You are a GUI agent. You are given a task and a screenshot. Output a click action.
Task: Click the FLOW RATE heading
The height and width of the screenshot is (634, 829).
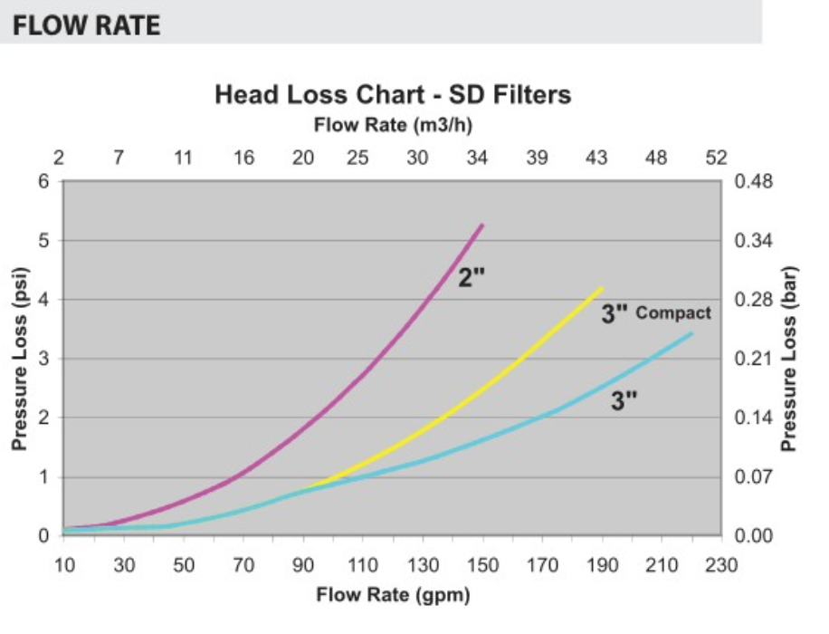click(86, 25)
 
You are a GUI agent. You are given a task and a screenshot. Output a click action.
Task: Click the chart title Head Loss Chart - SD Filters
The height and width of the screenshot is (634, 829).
click(393, 95)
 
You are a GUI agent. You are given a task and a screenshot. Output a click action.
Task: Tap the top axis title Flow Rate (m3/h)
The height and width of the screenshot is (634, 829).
click(393, 125)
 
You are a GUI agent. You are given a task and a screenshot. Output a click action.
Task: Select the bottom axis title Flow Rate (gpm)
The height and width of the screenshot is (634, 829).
click(393, 595)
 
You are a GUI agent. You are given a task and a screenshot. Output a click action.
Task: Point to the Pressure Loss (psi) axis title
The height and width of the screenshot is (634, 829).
click(20, 359)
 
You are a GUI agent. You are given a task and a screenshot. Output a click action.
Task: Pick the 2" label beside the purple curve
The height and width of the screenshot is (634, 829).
click(472, 277)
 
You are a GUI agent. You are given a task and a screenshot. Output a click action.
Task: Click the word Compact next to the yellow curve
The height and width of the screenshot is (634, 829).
click(673, 312)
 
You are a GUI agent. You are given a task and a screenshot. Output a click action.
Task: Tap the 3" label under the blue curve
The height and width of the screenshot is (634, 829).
click(624, 400)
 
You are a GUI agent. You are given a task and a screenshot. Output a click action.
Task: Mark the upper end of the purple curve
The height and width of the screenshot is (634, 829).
click(482, 225)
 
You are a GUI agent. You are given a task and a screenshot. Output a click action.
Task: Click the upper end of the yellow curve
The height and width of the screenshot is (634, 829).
click(602, 288)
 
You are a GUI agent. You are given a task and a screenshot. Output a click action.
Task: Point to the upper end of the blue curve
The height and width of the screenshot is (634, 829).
click(691, 333)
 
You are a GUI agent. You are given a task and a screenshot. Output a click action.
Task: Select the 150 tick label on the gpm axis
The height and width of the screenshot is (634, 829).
click(482, 565)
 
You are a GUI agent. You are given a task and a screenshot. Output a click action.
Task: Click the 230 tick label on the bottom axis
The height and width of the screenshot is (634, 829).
click(721, 565)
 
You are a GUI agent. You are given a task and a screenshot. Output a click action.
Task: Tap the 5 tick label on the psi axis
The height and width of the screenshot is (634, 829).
click(43, 241)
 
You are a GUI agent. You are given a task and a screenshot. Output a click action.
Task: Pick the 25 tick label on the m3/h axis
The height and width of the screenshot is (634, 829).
click(357, 158)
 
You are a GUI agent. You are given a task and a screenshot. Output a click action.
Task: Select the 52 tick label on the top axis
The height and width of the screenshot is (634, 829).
click(717, 158)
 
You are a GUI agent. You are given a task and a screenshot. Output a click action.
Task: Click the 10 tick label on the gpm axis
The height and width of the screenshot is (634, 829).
click(64, 565)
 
